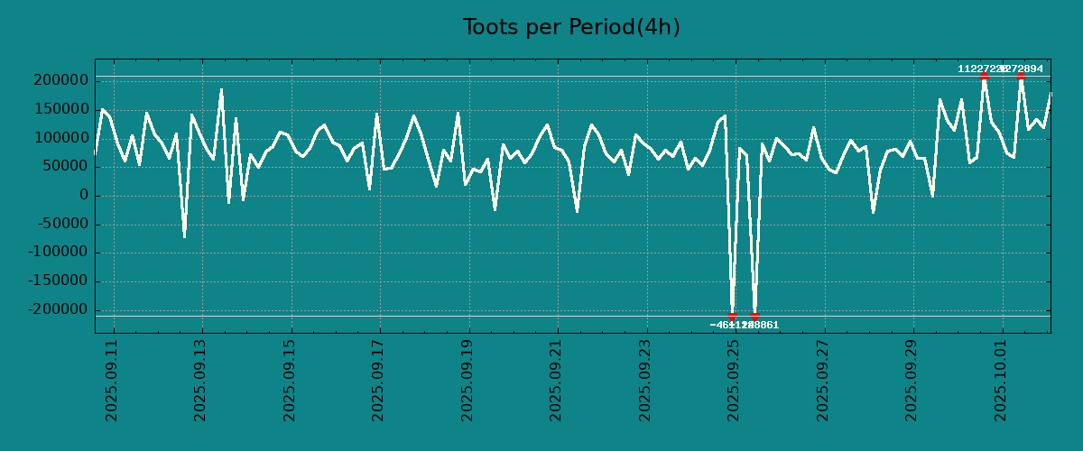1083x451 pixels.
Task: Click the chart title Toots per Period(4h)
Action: (x=571, y=27)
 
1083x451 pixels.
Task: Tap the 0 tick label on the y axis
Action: (x=83, y=196)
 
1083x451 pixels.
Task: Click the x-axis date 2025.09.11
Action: (x=113, y=380)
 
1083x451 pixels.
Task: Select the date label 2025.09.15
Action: (x=291, y=380)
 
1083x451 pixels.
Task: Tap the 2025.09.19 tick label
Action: (x=468, y=380)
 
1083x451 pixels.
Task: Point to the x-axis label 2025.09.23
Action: (x=646, y=380)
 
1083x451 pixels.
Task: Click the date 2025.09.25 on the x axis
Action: (x=735, y=380)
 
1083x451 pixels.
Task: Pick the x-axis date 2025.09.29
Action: (x=912, y=380)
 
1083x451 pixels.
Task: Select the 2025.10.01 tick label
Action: (x=1001, y=380)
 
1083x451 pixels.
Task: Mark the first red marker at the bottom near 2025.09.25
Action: (x=732, y=316)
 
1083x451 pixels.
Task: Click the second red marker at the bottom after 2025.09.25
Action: (x=754, y=316)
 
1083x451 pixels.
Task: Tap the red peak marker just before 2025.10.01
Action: (x=984, y=77)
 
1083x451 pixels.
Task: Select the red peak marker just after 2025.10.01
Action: (x=1021, y=77)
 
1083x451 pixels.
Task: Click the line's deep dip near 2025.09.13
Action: (x=184, y=236)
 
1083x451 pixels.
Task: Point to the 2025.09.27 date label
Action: (x=824, y=380)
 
